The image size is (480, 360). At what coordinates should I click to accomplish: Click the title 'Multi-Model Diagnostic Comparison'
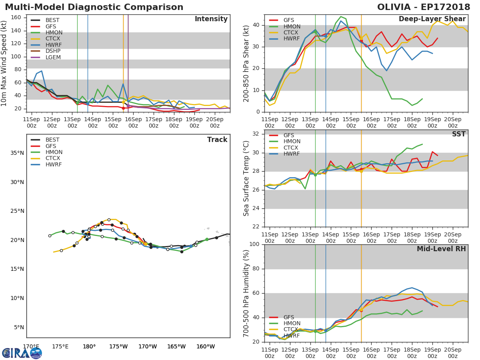94,7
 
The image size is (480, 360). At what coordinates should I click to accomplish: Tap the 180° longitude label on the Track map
89,346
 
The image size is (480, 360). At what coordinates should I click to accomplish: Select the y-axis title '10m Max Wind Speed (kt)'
4,63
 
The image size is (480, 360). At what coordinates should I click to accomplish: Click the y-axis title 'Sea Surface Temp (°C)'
246,178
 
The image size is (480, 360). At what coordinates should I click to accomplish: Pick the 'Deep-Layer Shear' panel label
432,19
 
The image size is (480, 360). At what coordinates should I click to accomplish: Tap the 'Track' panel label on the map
217,140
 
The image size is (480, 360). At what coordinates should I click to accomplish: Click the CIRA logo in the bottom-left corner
22,353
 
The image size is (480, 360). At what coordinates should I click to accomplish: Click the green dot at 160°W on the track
207,240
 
